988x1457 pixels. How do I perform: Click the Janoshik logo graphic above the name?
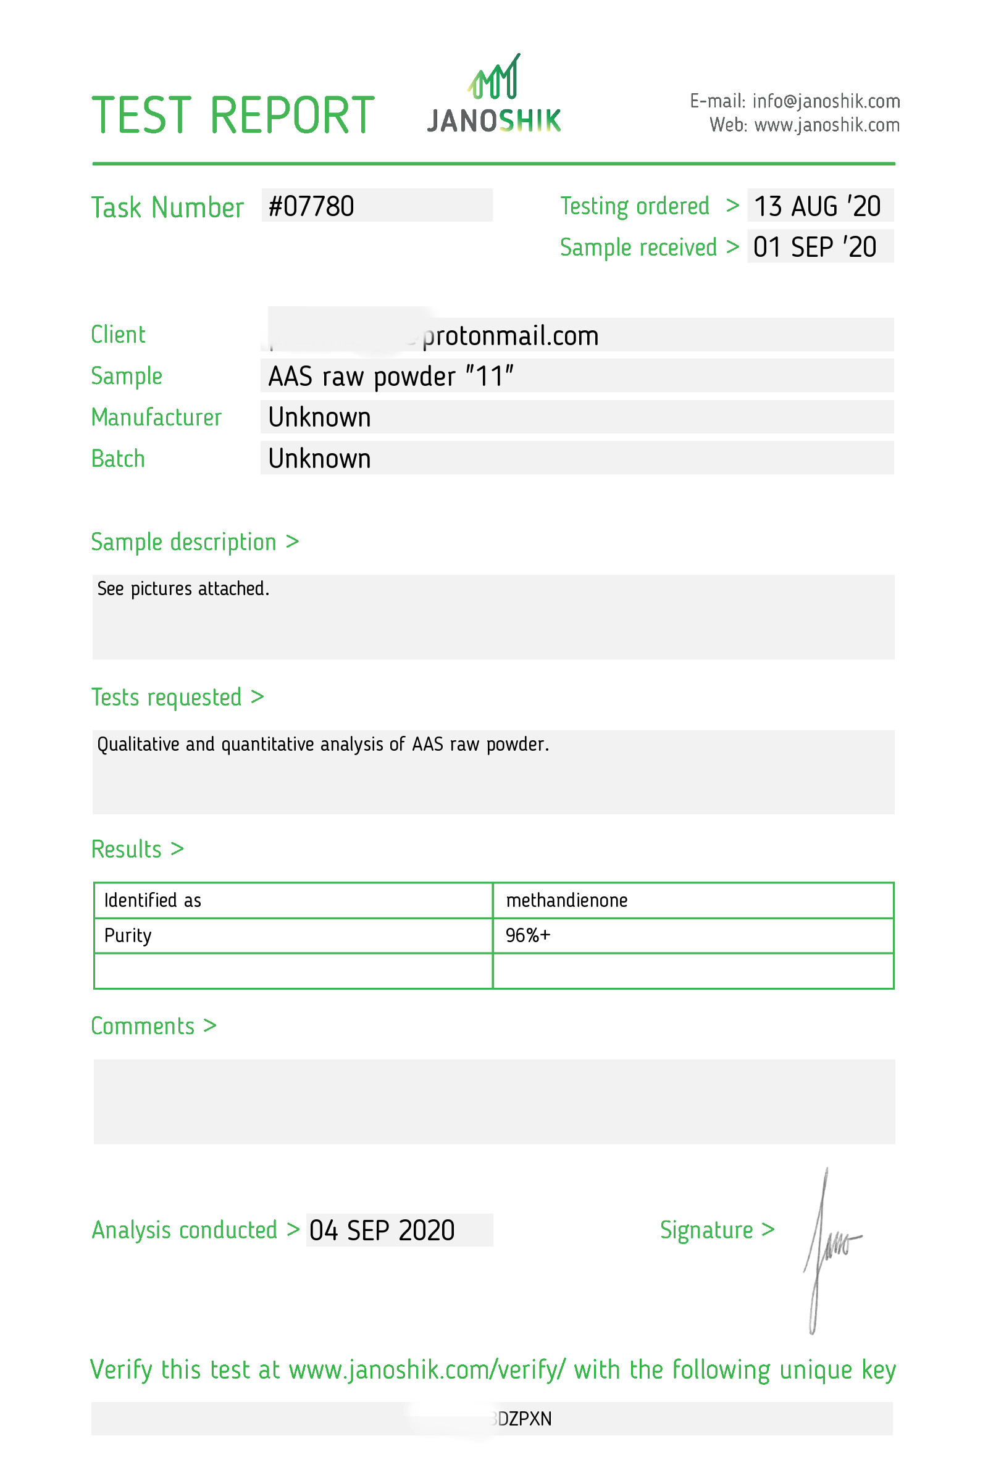[x=494, y=78]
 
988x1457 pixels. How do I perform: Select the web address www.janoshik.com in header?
[x=826, y=125]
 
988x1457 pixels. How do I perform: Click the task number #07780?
[x=311, y=206]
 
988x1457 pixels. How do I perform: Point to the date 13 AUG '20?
[x=817, y=206]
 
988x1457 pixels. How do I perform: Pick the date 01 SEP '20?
[x=814, y=247]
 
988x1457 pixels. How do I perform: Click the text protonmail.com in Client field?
[x=510, y=336]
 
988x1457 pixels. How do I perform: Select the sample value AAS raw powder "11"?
[x=390, y=376]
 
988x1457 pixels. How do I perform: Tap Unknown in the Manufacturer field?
[x=319, y=417]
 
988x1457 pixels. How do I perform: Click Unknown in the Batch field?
[x=319, y=459]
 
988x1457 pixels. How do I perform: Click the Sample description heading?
[x=195, y=541]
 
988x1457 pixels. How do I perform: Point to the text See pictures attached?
[x=183, y=589]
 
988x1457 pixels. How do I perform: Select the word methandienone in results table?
[x=566, y=900]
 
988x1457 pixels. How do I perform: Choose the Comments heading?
[x=153, y=1026]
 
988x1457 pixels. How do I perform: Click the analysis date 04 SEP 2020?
[x=381, y=1230]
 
